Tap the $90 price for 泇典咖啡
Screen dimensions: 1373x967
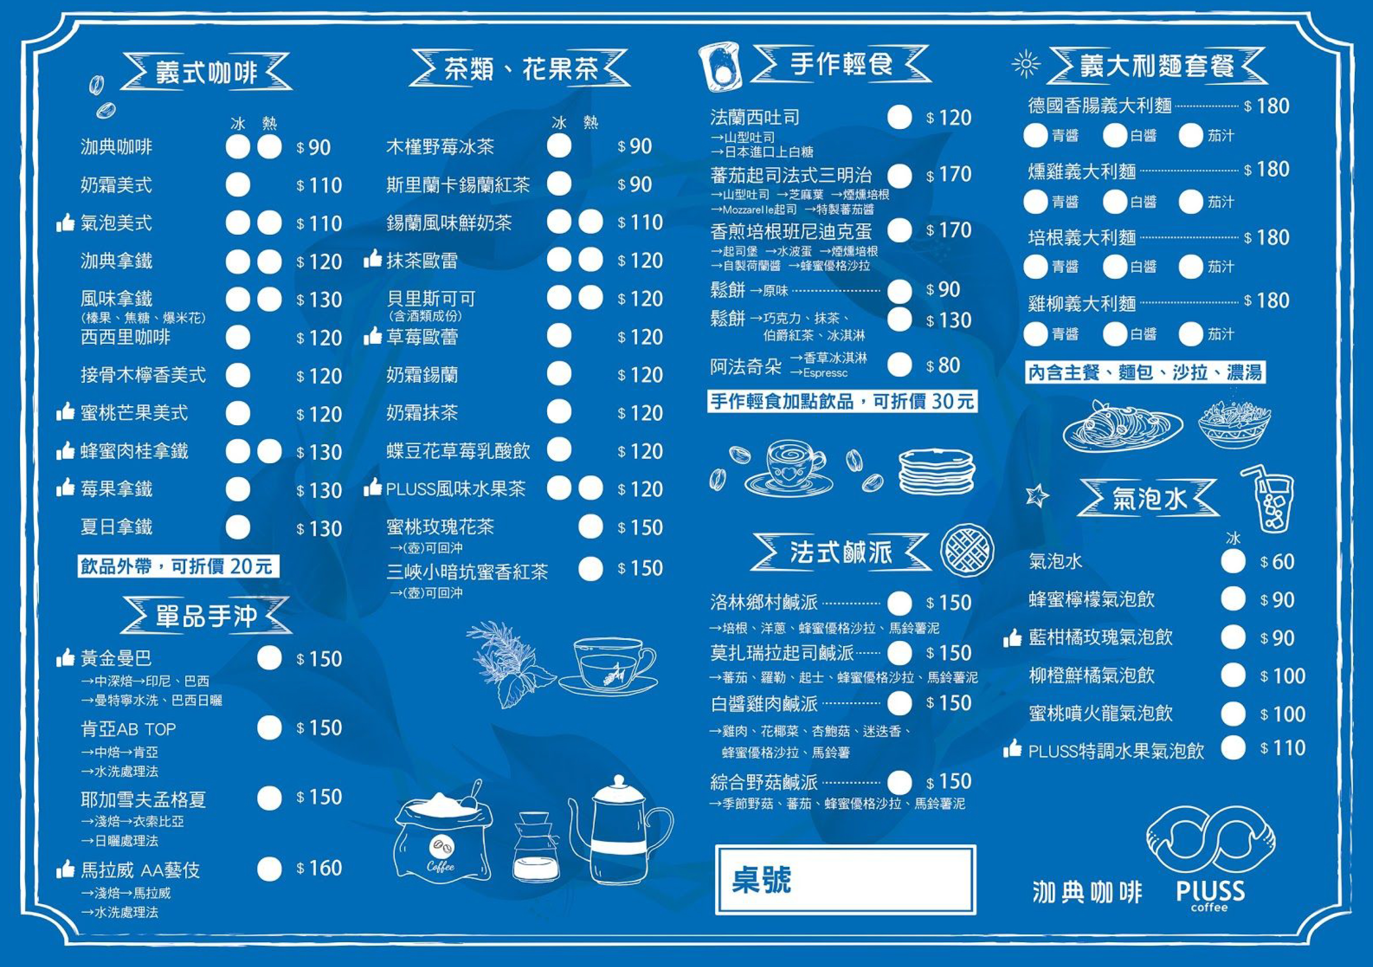pyautogui.click(x=314, y=147)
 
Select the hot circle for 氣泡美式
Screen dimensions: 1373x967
pyautogui.click(x=269, y=223)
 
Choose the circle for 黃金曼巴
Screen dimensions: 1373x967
pyautogui.click(x=269, y=658)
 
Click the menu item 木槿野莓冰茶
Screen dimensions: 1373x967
pyautogui.click(x=440, y=147)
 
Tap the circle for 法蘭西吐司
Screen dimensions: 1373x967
pyautogui.click(x=899, y=117)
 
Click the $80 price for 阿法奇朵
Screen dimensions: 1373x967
pyautogui.click(x=943, y=365)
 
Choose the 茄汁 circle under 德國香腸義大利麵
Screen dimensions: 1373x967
pyautogui.click(x=1191, y=136)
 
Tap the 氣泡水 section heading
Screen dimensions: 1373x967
pyautogui.click(x=1149, y=498)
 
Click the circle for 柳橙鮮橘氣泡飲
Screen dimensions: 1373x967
pyautogui.click(x=1233, y=675)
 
